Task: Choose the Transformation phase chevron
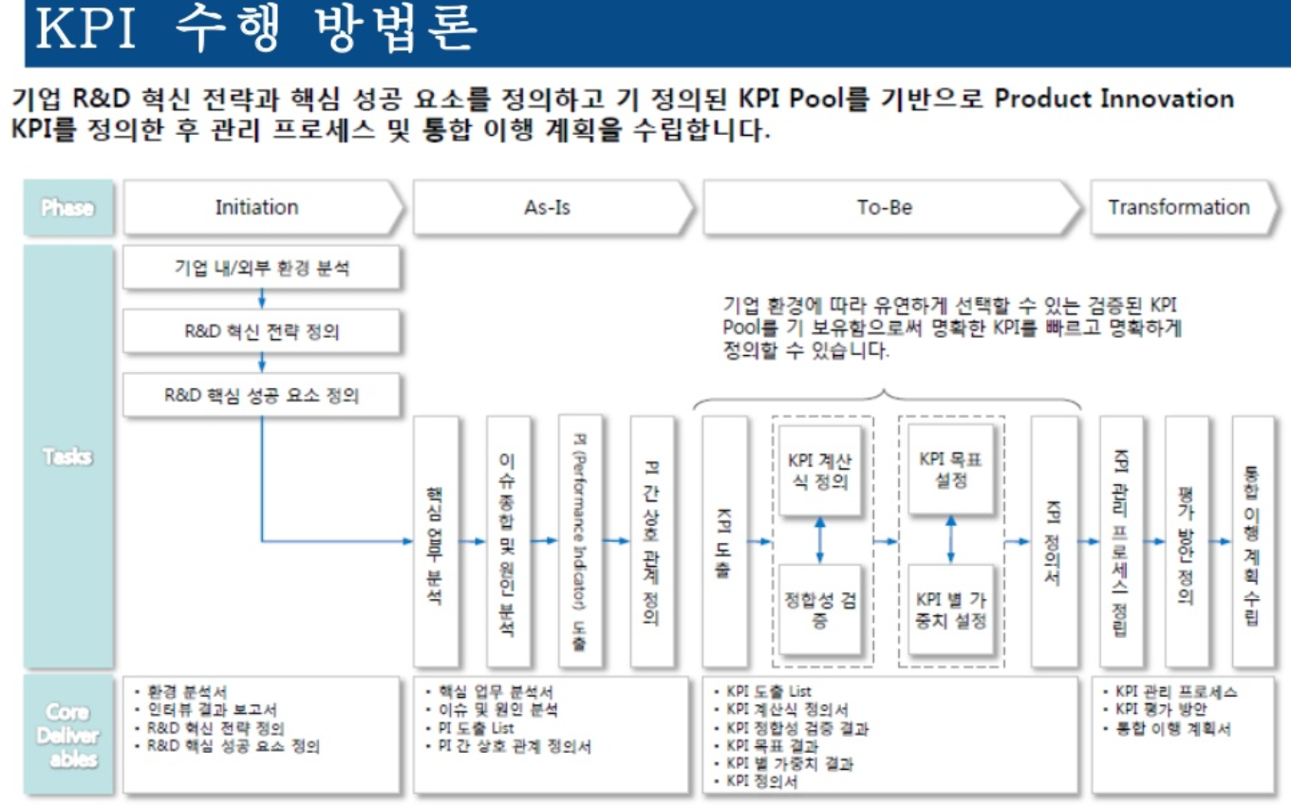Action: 1180,208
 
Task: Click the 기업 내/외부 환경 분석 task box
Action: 262,269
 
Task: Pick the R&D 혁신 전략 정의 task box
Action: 262,332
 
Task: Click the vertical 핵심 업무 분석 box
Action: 436,541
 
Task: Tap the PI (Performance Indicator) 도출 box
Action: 580,541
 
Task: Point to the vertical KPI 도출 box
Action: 724,541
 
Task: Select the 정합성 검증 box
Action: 820,610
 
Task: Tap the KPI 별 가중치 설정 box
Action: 950,610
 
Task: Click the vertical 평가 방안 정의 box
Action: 1187,541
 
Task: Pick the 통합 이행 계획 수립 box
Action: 1253,541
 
